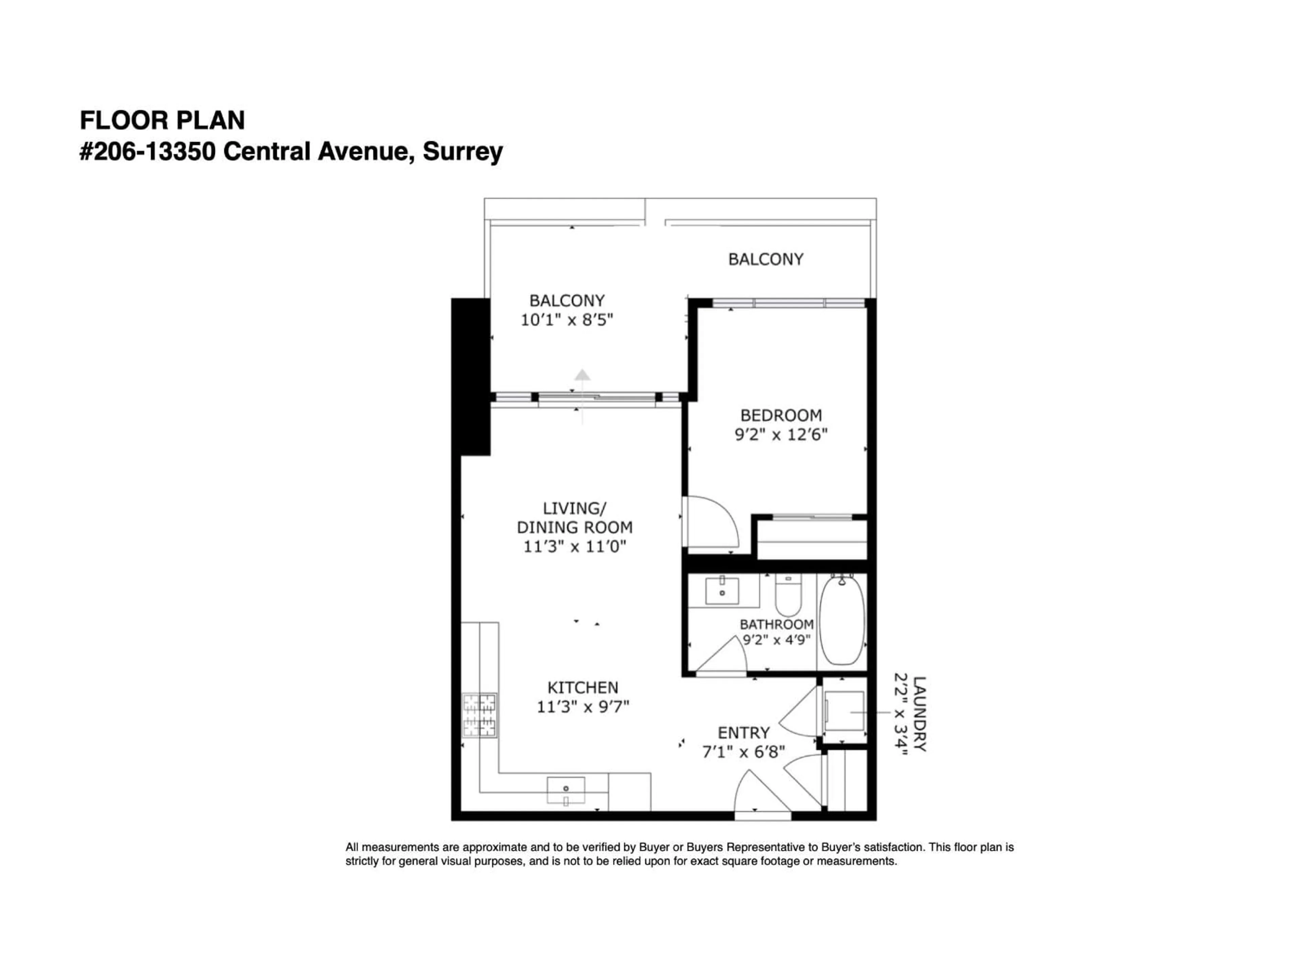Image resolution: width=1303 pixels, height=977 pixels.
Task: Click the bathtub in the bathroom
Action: (842, 621)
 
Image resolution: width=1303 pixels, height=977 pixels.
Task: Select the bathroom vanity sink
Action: (722, 591)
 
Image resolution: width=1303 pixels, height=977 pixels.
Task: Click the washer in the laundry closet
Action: (844, 711)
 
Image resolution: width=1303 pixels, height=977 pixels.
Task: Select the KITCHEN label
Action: (583, 687)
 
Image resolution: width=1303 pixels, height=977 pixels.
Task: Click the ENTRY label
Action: (743, 733)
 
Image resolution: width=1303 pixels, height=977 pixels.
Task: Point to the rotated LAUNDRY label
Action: (919, 714)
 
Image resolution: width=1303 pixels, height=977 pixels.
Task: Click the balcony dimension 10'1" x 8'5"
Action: (567, 320)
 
